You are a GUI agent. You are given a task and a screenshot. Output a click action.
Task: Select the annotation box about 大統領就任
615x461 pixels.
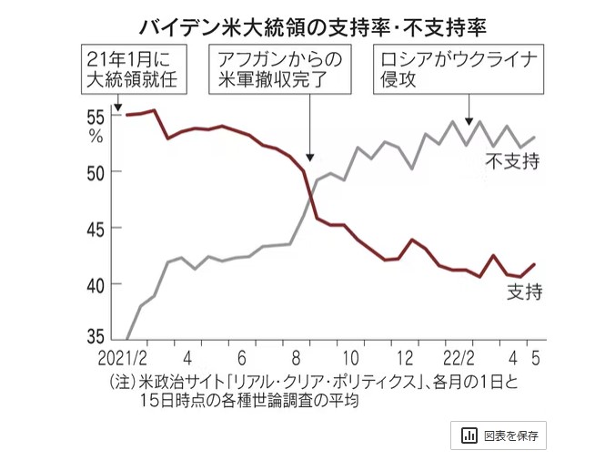tap(132, 70)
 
